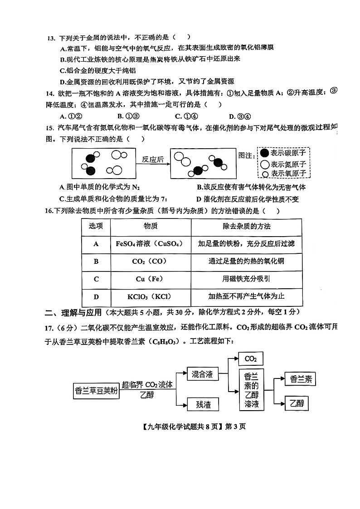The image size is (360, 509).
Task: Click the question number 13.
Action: pyautogui.click(x=51, y=38)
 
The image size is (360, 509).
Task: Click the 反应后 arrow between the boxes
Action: pyautogui.click(x=153, y=160)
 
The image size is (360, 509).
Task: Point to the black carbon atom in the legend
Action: pyautogui.click(x=264, y=153)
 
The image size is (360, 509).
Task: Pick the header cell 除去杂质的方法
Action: pyautogui.click(x=246, y=226)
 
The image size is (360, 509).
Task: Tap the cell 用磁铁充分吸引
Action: pyautogui.click(x=246, y=279)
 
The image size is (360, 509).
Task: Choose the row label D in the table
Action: pyautogui.click(x=96, y=296)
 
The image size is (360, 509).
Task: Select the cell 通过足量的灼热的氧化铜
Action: pyautogui.click(x=246, y=261)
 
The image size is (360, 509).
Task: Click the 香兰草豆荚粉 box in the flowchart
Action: pyautogui.click(x=96, y=390)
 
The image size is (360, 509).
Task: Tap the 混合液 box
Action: pyautogui.click(x=202, y=374)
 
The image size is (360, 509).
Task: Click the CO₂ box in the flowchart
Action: pyautogui.click(x=251, y=359)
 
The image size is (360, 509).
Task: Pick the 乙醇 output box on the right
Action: pyautogui.click(x=297, y=403)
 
